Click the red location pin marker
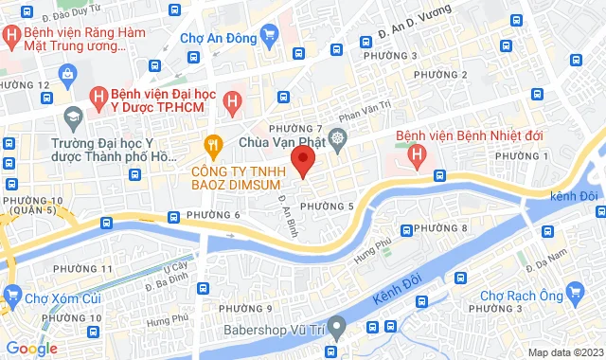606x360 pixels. pos(302,161)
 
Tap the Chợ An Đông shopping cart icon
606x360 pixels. pos(270,38)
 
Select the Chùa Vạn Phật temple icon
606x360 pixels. pos(337,141)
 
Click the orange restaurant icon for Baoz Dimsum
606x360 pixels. pos(213,144)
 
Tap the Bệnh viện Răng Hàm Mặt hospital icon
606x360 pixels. pos(10,39)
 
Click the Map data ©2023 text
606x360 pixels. pos(564,352)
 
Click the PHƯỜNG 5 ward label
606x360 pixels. pos(326,206)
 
